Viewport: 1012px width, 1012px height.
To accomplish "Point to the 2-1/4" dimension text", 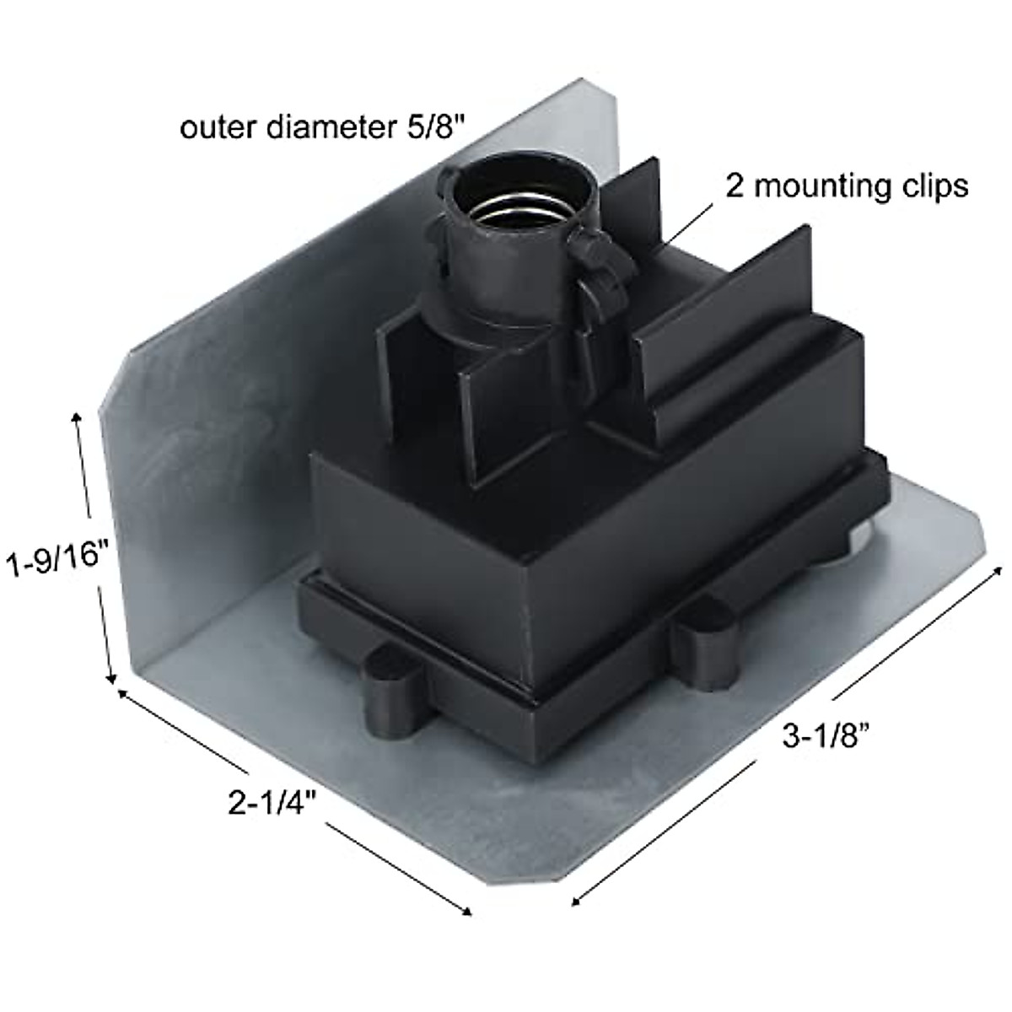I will (272, 802).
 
